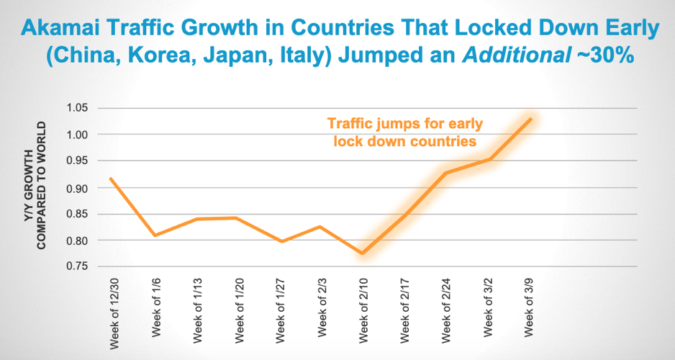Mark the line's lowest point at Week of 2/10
(x=363, y=253)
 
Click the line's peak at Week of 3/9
(x=531, y=119)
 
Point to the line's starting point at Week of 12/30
(x=109, y=179)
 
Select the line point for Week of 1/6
(x=154, y=235)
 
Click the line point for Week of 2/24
(x=447, y=173)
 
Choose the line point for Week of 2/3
(x=320, y=227)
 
